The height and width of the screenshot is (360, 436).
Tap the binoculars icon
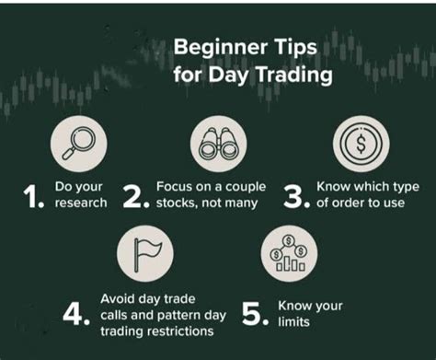click(x=218, y=139)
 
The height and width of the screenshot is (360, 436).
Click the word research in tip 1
click(x=80, y=203)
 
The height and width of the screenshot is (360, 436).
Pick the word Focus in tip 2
click(x=175, y=186)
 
